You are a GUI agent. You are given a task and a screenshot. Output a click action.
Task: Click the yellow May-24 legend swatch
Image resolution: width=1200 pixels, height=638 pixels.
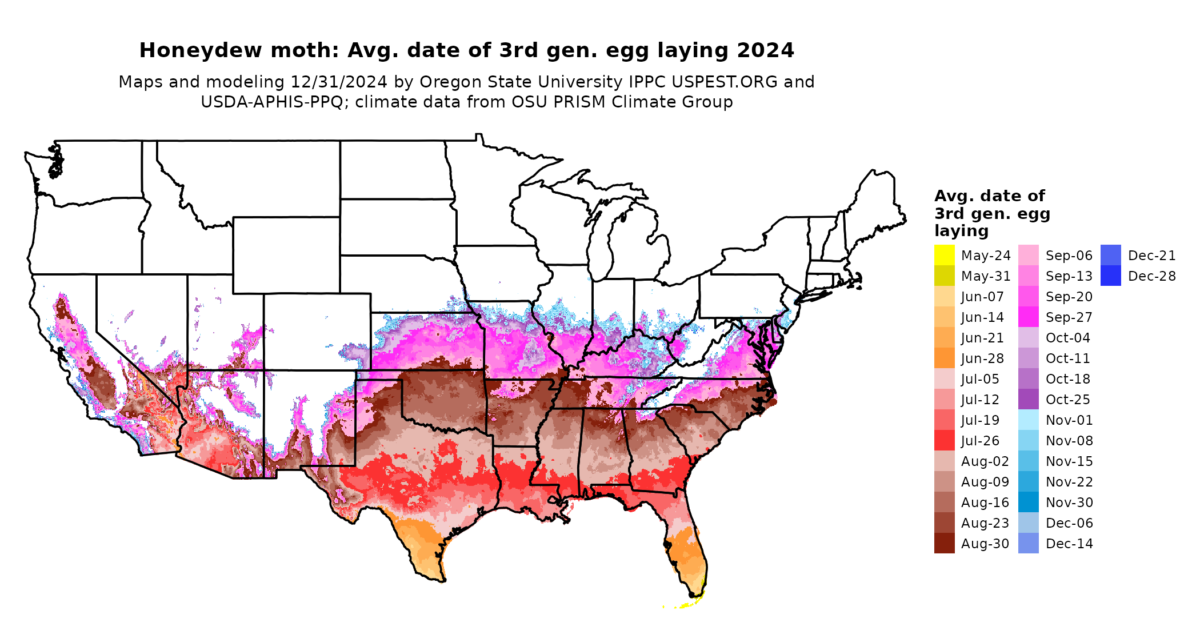tap(944, 255)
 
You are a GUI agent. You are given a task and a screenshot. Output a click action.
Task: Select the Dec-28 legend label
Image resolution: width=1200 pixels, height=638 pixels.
tap(1151, 276)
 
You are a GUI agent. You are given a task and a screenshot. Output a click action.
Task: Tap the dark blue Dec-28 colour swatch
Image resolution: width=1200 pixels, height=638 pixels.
tap(1110, 276)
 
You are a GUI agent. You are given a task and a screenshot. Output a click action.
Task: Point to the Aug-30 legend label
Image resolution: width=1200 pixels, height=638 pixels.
tap(985, 544)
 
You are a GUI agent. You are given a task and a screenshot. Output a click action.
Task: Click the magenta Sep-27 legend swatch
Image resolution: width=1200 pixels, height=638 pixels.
tap(1028, 317)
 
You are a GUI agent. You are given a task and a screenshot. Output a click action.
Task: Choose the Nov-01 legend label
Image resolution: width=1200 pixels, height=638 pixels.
tap(1069, 420)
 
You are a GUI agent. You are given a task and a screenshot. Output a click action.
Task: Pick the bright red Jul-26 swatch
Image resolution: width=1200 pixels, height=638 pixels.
tap(944, 440)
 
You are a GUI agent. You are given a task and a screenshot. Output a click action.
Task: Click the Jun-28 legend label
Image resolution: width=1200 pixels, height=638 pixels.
tap(982, 358)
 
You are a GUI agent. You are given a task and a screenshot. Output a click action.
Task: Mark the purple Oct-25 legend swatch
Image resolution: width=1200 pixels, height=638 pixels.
tap(1028, 399)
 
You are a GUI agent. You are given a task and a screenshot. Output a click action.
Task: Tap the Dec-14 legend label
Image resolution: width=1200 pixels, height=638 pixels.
tap(1069, 544)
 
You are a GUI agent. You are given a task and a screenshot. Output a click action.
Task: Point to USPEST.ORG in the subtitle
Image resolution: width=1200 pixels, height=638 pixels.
tap(725, 82)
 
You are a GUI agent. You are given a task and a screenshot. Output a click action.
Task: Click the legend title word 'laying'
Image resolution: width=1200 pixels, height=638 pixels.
tap(961, 231)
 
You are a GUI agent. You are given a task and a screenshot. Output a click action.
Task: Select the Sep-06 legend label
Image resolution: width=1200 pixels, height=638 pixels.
tap(1069, 256)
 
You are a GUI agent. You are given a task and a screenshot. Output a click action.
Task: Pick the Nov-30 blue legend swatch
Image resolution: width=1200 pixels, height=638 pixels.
tap(1028, 502)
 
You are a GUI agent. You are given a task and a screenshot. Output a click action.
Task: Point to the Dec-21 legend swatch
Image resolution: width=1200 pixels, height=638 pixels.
tap(1110, 255)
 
